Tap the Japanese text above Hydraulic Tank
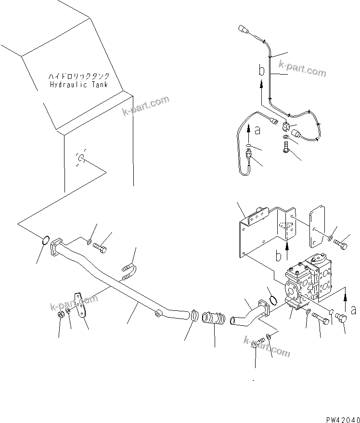(78, 77)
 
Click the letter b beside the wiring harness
(261, 71)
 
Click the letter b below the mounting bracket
(279, 255)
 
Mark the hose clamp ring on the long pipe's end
(194, 316)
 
